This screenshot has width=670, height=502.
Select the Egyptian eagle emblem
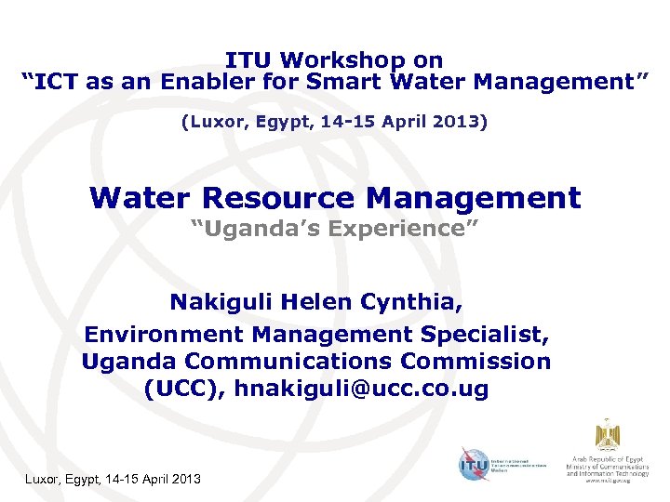[x=608, y=434]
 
